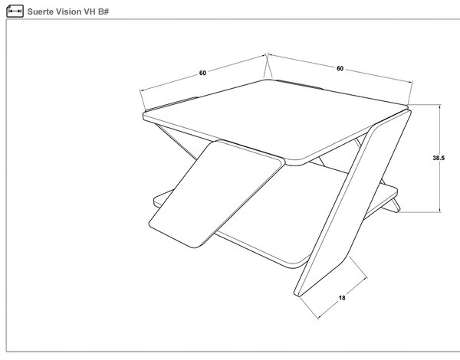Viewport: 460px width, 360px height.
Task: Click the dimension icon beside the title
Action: pyautogui.click(x=15, y=11)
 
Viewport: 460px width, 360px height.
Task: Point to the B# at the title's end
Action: pyautogui.click(x=103, y=11)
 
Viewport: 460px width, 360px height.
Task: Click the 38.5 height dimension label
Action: pyautogui.click(x=439, y=158)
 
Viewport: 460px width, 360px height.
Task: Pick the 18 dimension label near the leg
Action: pyautogui.click(x=342, y=298)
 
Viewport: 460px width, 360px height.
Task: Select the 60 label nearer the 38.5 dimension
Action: pyautogui.click(x=340, y=68)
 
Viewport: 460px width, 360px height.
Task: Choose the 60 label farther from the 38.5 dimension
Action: pyautogui.click(x=202, y=73)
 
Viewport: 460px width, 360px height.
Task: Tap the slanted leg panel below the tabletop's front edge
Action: pyautogui.click(x=216, y=194)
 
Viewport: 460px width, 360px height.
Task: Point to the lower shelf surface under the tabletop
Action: pyautogui.click(x=281, y=223)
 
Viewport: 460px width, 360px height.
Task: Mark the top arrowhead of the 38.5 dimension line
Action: pyautogui.click(x=439, y=106)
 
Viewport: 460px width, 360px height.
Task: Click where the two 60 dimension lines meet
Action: pyautogui.click(x=267, y=54)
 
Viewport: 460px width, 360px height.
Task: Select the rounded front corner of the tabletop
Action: pyautogui.click(x=296, y=163)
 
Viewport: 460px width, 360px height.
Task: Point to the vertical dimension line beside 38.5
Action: pyautogui.click(x=439, y=159)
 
